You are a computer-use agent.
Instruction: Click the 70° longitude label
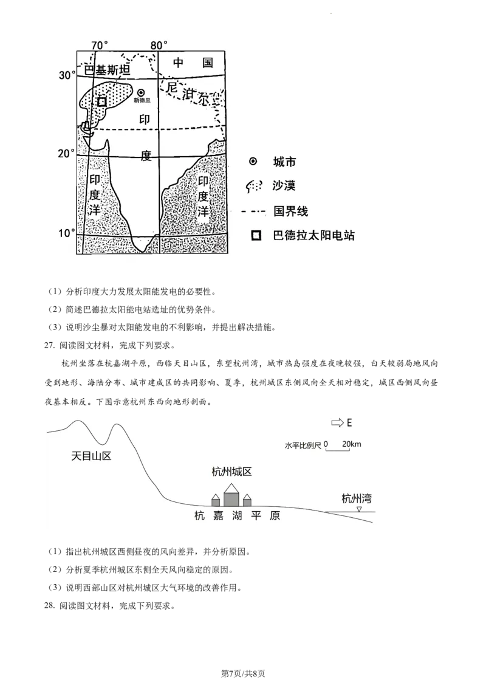tap(100, 45)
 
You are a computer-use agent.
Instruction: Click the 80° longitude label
tap(159, 45)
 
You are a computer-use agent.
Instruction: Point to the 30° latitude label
tap(67, 75)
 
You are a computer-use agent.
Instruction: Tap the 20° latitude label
tap(67, 153)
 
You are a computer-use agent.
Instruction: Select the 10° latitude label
tap(67, 233)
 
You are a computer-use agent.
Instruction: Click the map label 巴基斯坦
tap(108, 71)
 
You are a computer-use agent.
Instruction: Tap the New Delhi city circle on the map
tap(142, 92)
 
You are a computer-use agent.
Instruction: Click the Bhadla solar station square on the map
tap(102, 101)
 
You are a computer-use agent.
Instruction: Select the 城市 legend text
tap(284, 162)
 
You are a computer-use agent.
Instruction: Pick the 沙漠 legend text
tap(284, 185)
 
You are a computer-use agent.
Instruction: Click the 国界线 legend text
tap(290, 211)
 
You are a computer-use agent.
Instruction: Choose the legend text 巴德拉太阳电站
tap(313, 235)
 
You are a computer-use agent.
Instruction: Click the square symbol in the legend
tap(256, 236)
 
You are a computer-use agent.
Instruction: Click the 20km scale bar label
tap(352, 444)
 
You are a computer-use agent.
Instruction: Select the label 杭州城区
tap(231, 472)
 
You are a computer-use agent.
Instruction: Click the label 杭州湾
tap(357, 499)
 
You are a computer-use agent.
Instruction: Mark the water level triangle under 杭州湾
tap(359, 509)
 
